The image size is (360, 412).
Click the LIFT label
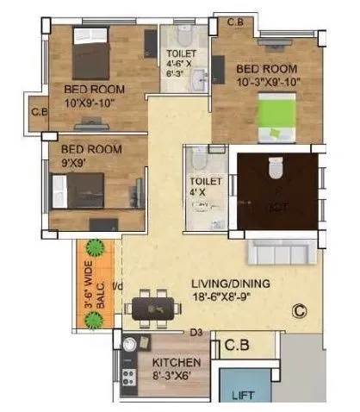[x=244, y=397]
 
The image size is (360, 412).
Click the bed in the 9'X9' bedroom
[x=78, y=188]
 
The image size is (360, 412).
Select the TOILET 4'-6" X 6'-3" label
[x=181, y=63]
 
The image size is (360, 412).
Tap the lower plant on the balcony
[x=94, y=321]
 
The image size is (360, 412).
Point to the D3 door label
[x=196, y=331]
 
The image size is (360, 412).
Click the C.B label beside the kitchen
[x=237, y=346]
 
